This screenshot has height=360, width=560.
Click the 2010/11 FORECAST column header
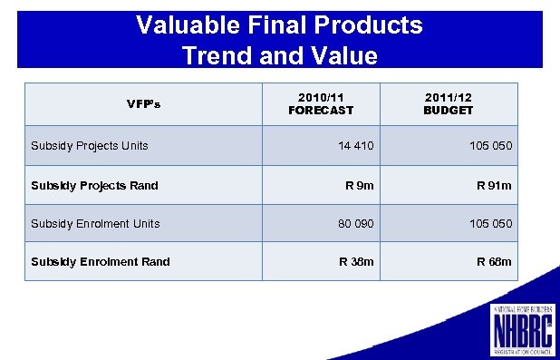click(321, 103)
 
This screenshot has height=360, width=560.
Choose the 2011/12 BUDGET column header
click(448, 103)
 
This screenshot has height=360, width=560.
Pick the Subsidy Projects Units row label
click(90, 145)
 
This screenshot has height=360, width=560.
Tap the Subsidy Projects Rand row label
click(94, 186)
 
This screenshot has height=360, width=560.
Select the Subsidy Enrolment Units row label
click(95, 223)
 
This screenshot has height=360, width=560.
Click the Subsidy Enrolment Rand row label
click(100, 262)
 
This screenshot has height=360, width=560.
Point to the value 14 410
click(355, 146)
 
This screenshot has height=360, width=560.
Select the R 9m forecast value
click(359, 186)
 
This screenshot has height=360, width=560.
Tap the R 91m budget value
click(495, 186)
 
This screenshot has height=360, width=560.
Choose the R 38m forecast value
click(356, 262)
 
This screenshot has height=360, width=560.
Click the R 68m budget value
click(495, 262)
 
